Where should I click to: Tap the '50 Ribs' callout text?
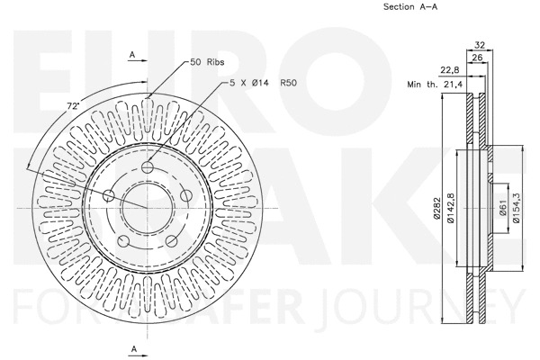[x=208, y=62]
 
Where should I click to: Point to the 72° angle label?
[x=73, y=106]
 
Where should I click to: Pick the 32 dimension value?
[x=479, y=44]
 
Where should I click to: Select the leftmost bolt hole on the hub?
[x=110, y=196]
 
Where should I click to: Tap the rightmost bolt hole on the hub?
[x=185, y=195]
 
